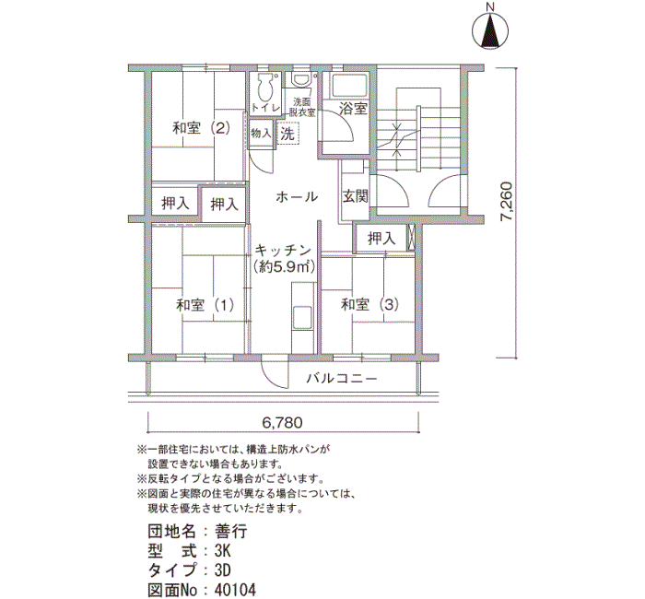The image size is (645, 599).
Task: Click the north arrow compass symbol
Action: (x=489, y=29)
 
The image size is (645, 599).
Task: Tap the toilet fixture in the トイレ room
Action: (x=265, y=87)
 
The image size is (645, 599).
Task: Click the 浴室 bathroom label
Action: (x=353, y=109)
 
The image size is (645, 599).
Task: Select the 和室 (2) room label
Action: (x=201, y=128)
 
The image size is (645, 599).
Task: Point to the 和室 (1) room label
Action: (x=205, y=305)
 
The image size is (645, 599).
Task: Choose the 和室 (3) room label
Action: (x=369, y=304)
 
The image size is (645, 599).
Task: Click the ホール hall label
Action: (x=297, y=196)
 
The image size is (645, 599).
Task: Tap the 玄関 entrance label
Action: (x=356, y=196)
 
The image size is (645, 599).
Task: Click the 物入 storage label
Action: (x=261, y=134)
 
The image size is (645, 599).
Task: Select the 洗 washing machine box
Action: (x=287, y=134)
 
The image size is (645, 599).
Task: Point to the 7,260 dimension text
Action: (x=507, y=202)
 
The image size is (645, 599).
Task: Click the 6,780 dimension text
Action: (x=282, y=422)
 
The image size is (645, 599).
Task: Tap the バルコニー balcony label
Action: (x=342, y=378)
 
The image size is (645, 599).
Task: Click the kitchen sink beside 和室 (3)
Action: (x=303, y=317)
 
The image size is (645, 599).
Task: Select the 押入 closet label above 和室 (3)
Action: (x=381, y=238)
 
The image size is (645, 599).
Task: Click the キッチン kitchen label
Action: (x=283, y=250)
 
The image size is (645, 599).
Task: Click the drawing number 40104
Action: (x=235, y=590)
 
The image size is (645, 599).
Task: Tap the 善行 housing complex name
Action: (x=230, y=531)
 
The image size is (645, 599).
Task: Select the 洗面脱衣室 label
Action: (x=302, y=108)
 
